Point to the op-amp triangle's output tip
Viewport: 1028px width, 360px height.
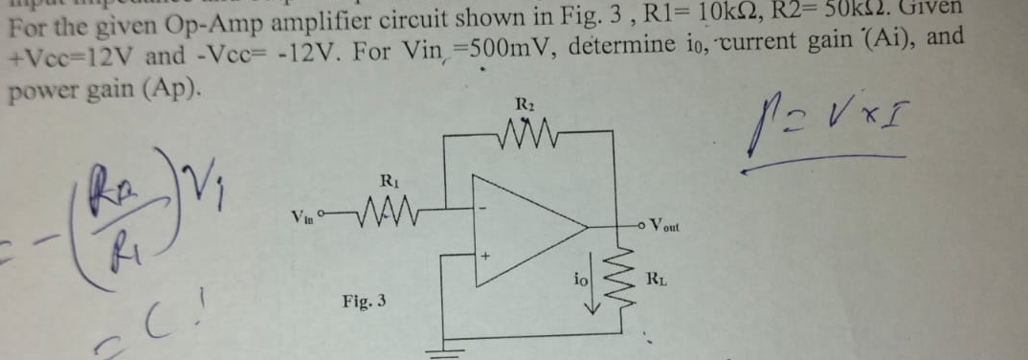[x=585, y=228]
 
